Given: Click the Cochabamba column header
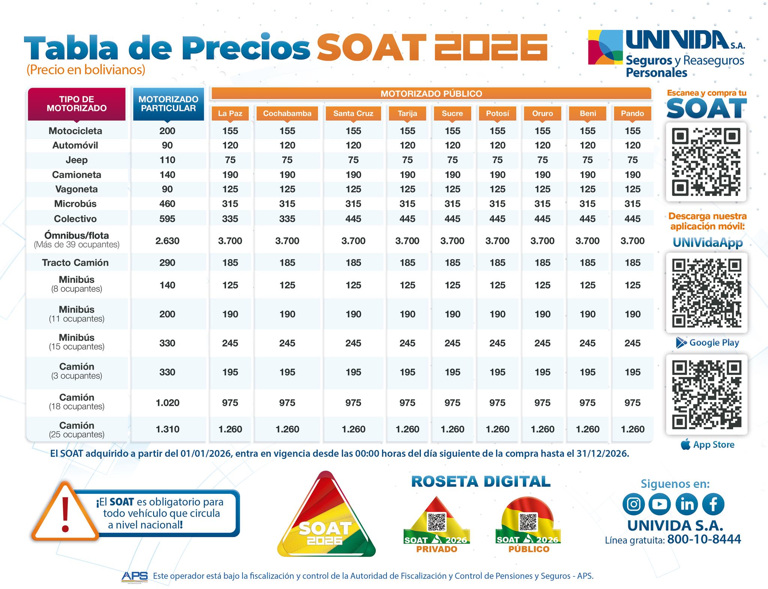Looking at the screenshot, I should click(x=287, y=113).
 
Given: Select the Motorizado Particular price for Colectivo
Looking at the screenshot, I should click(x=167, y=219).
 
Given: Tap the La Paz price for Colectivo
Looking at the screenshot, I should click(x=230, y=219).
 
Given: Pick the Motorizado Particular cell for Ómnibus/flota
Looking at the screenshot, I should click(x=167, y=241).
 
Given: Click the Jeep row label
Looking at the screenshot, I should click(x=76, y=160).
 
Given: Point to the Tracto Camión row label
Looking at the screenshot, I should click(x=75, y=263).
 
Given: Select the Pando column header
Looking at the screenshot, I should click(x=632, y=113).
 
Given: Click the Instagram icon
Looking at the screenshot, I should click(x=633, y=504).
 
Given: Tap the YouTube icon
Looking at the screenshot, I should click(x=660, y=504).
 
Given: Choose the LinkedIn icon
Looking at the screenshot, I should click(x=687, y=504).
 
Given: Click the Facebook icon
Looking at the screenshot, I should click(x=713, y=504).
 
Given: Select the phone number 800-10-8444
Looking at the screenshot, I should click(x=704, y=539).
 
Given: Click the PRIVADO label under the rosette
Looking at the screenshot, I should click(x=436, y=549).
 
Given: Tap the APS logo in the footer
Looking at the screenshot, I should click(x=135, y=576).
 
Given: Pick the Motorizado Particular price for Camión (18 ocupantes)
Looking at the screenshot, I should click(x=167, y=403).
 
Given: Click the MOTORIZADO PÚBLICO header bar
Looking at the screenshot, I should click(x=431, y=94).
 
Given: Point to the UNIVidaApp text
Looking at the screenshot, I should click(x=707, y=242).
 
